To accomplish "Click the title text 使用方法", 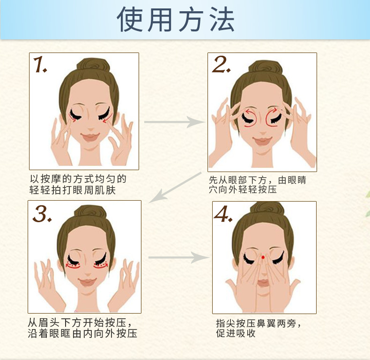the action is click(x=176, y=19).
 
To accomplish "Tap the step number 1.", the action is click(x=40, y=64).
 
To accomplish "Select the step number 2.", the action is click(x=221, y=64).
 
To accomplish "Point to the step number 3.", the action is click(x=42, y=214).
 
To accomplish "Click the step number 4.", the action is click(x=223, y=214).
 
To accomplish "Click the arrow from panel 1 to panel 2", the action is click(x=175, y=122).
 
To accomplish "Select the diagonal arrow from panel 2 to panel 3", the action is click(x=175, y=187).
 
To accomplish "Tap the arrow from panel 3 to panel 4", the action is click(x=179, y=257).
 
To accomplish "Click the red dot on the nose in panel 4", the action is click(x=263, y=257).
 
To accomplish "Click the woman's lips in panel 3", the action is click(x=87, y=282).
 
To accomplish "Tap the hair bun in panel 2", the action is click(x=266, y=67).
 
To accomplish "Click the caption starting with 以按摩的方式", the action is click(x=78, y=185).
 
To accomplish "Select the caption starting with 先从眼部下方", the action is click(x=258, y=185).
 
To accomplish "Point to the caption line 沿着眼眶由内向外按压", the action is click(x=82, y=333).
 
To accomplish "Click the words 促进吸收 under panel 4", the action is click(x=236, y=333).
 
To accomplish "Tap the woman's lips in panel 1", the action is click(x=90, y=137).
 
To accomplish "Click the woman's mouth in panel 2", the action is click(x=262, y=141).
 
